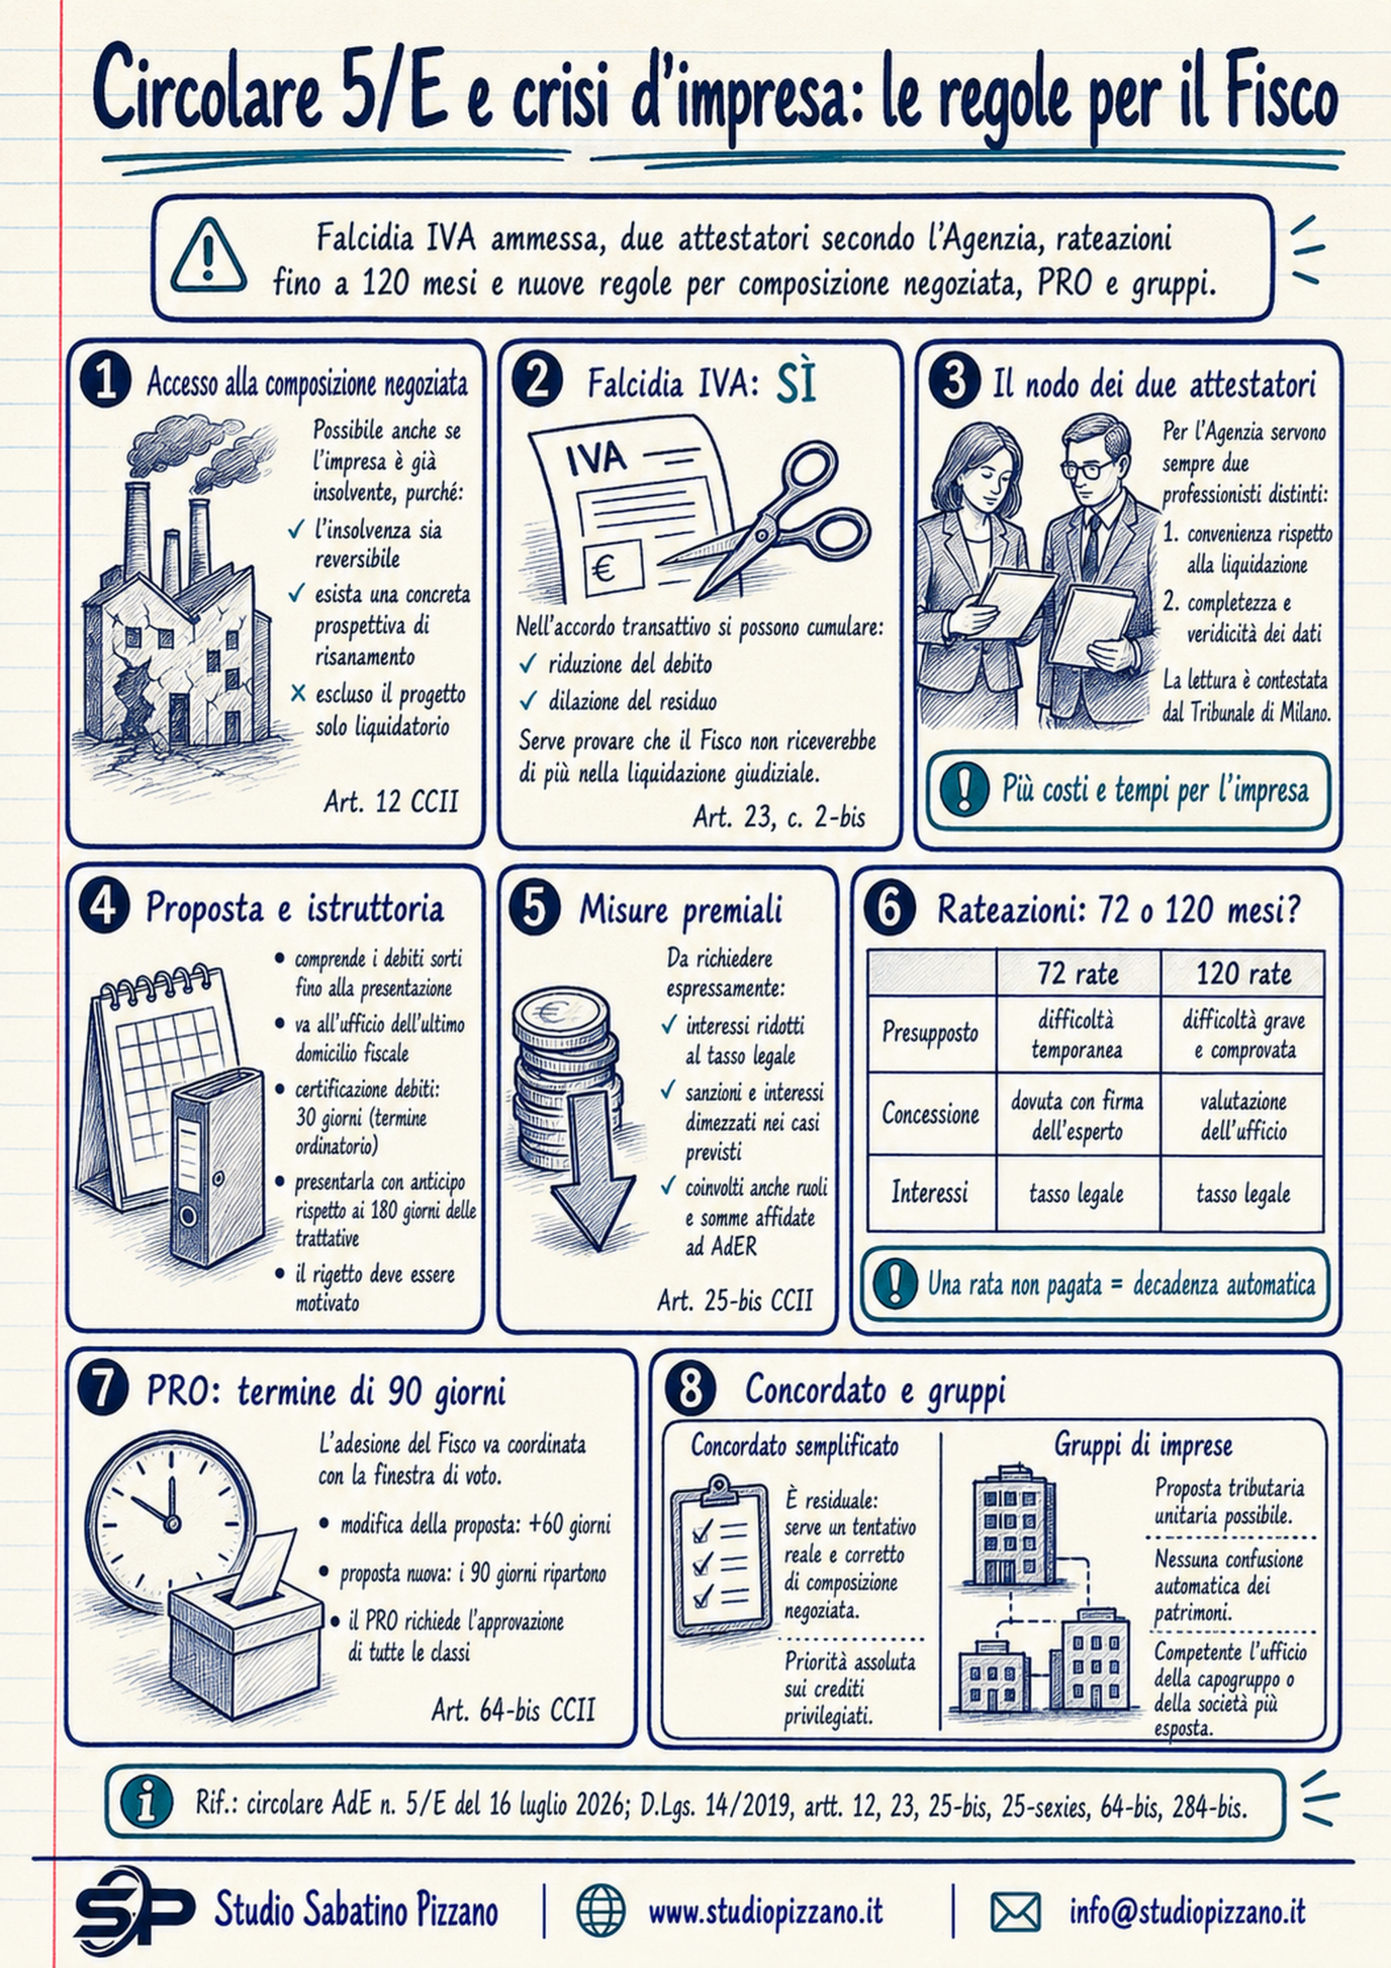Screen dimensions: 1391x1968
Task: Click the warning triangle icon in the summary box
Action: pos(208,254)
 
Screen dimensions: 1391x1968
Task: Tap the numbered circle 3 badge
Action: pos(954,381)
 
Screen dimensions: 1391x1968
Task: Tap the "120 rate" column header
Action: pos(1243,973)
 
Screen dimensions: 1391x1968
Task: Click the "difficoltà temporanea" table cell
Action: pos(1077,1035)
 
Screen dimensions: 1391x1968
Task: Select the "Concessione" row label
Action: pos(930,1113)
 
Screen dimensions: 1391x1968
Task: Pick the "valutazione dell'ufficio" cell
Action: pos(1243,1115)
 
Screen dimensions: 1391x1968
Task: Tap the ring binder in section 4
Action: pos(218,1165)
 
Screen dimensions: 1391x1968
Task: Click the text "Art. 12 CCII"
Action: pos(391,802)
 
